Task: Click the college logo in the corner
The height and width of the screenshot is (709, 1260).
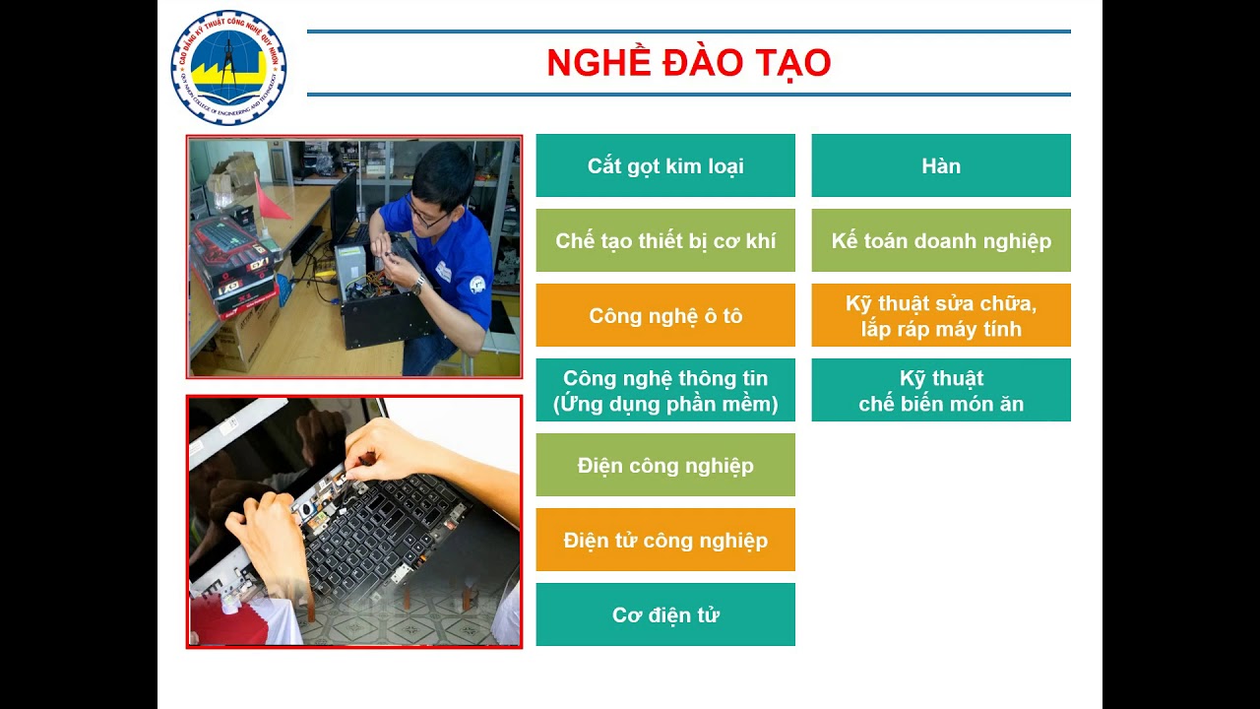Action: click(x=228, y=68)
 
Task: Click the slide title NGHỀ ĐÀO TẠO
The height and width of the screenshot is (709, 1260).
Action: click(x=688, y=63)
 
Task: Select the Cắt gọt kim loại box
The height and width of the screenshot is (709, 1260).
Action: click(x=665, y=165)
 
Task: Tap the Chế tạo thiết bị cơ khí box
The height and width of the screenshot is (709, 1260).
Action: click(x=665, y=240)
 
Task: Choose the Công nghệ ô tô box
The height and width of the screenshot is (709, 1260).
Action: click(x=665, y=315)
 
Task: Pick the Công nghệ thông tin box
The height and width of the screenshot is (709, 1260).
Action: click(x=665, y=390)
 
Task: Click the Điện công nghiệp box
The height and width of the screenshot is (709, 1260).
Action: click(x=665, y=465)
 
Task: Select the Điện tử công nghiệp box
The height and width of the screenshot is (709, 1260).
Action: click(x=665, y=540)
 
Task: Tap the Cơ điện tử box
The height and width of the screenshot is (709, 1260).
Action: click(x=665, y=614)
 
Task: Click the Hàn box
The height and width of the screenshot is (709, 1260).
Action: click(x=941, y=165)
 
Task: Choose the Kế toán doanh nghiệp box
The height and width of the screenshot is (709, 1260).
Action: click(x=941, y=240)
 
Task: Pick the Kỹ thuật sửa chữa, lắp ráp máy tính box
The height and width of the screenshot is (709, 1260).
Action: click(x=941, y=315)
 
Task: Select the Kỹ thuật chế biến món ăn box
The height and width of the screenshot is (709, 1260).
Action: click(x=941, y=390)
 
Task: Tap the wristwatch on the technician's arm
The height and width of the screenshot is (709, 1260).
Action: click(x=418, y=286)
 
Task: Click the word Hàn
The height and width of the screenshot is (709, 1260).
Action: click(x=941, y=165)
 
